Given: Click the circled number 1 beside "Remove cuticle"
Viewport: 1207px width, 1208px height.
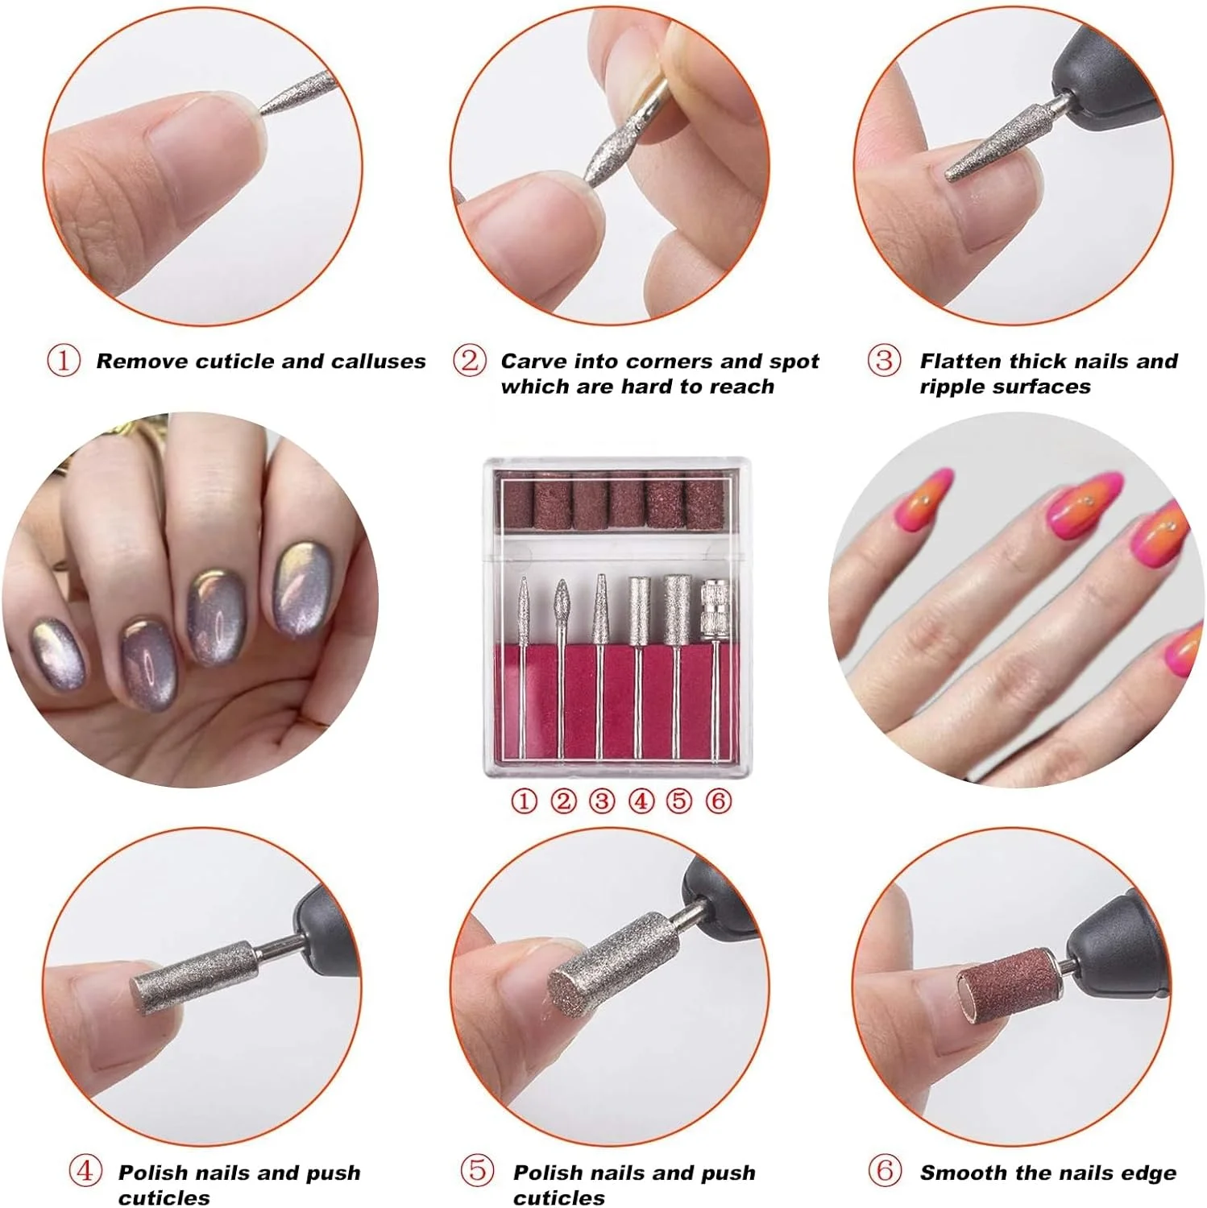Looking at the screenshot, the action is (x=64, y=360).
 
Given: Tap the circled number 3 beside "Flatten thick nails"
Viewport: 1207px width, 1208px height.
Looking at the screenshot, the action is (x=884, y=360).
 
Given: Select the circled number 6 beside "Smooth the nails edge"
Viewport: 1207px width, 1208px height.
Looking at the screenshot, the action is (x=885, y=1170).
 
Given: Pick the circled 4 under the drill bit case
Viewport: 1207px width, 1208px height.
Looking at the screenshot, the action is (x=641, y=801).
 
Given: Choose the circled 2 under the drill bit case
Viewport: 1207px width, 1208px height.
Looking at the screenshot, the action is (x=563, y=801).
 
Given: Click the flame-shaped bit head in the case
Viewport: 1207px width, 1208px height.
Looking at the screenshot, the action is (x=562, y=606).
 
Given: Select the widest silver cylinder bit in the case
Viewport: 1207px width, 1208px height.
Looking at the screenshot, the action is (x=676, y=609).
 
